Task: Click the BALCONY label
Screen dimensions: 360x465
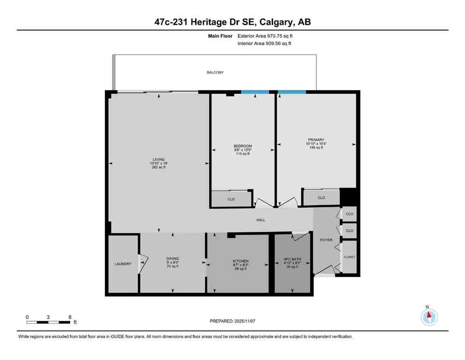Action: pyautogui.click(x=215, y=73)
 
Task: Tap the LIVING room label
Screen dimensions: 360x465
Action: pyautogui.click(x=159, y=159)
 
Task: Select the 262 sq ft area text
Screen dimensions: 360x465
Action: pyautogui.click(x=159, y=167)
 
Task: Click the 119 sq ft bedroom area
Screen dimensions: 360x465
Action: pyautogui.click(x=243, y=154)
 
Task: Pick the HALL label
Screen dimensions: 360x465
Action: pyautogui.click(x=261, y=219)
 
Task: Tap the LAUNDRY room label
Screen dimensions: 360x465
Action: pyautogui.click(x=123, y=264)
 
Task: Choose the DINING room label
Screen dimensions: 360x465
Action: pyautogui.click(x=173, y=258)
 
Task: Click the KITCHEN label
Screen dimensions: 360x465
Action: pyautogui.click(x=241, y=261)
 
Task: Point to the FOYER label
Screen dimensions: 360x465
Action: pyautogui.click(x=326, y=240)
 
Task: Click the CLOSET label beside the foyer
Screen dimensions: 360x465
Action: pyautogui.click(x=349, y=257)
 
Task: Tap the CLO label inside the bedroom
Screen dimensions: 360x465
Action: pyautogui.click(x=231, y=199)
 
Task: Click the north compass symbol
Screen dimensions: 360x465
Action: pyautogui.click(x=429, y=317)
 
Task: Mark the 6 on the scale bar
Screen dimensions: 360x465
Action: pyautogui.click(x=70, y=317)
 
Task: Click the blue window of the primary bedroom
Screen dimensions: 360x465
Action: pyautogui.click(x=292, y=92)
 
